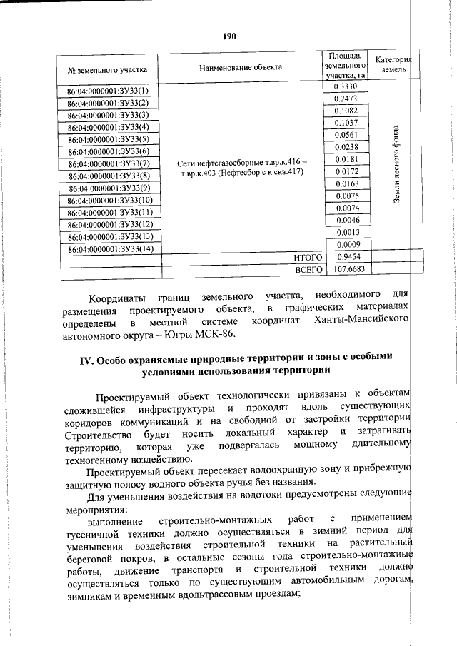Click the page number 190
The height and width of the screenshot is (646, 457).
click(x=228, y=36)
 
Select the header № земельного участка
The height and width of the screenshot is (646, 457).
click(x=107, y=69)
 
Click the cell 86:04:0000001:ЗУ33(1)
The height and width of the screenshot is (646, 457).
click(x=107, y=91)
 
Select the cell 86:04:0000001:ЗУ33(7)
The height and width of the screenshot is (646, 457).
click(x=107, y=164)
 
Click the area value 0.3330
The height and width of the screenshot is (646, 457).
click(x=346, y=86)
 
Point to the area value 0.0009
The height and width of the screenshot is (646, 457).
click(x=346, y=245)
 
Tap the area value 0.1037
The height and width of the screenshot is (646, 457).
click(x=346, y=123)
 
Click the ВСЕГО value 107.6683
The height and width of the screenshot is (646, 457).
click(x=346, y=270)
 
